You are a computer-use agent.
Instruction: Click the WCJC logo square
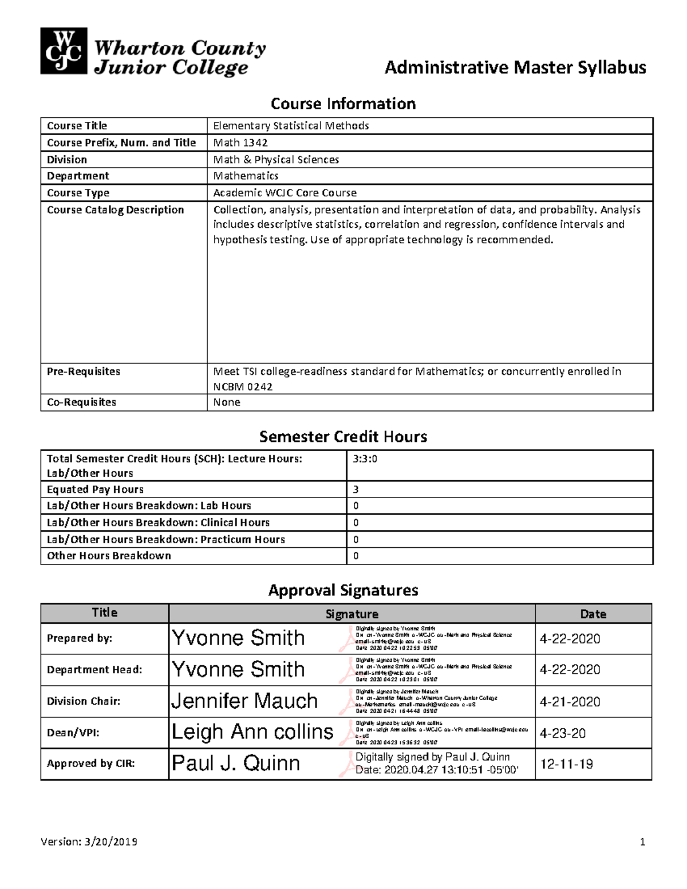point(64,51)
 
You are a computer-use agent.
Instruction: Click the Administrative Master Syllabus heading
point(515,68)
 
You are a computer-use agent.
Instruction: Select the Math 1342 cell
point(240,143)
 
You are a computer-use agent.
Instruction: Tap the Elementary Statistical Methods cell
point(291,125)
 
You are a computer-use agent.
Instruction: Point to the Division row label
point(67,160)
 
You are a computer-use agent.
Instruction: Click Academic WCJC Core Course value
point(285,193)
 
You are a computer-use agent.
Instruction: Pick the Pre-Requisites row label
point(84,372)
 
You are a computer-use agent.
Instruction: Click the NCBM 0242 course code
point(243,387)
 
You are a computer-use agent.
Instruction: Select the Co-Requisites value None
point(227,402)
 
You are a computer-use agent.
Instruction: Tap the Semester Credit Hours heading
point(343,437)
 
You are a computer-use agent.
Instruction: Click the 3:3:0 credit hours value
point(365,459)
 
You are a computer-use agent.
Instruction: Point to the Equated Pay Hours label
point(95,489)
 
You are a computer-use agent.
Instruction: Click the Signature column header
point(352,614)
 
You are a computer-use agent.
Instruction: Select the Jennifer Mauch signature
point(244,701)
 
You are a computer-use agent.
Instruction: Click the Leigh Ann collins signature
point(252,732)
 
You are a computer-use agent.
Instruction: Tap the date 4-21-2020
point(570,702)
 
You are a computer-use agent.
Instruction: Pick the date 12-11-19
point(566,764)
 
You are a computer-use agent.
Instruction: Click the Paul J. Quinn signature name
point(236,764)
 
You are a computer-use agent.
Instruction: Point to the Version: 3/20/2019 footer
point(89,841)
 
